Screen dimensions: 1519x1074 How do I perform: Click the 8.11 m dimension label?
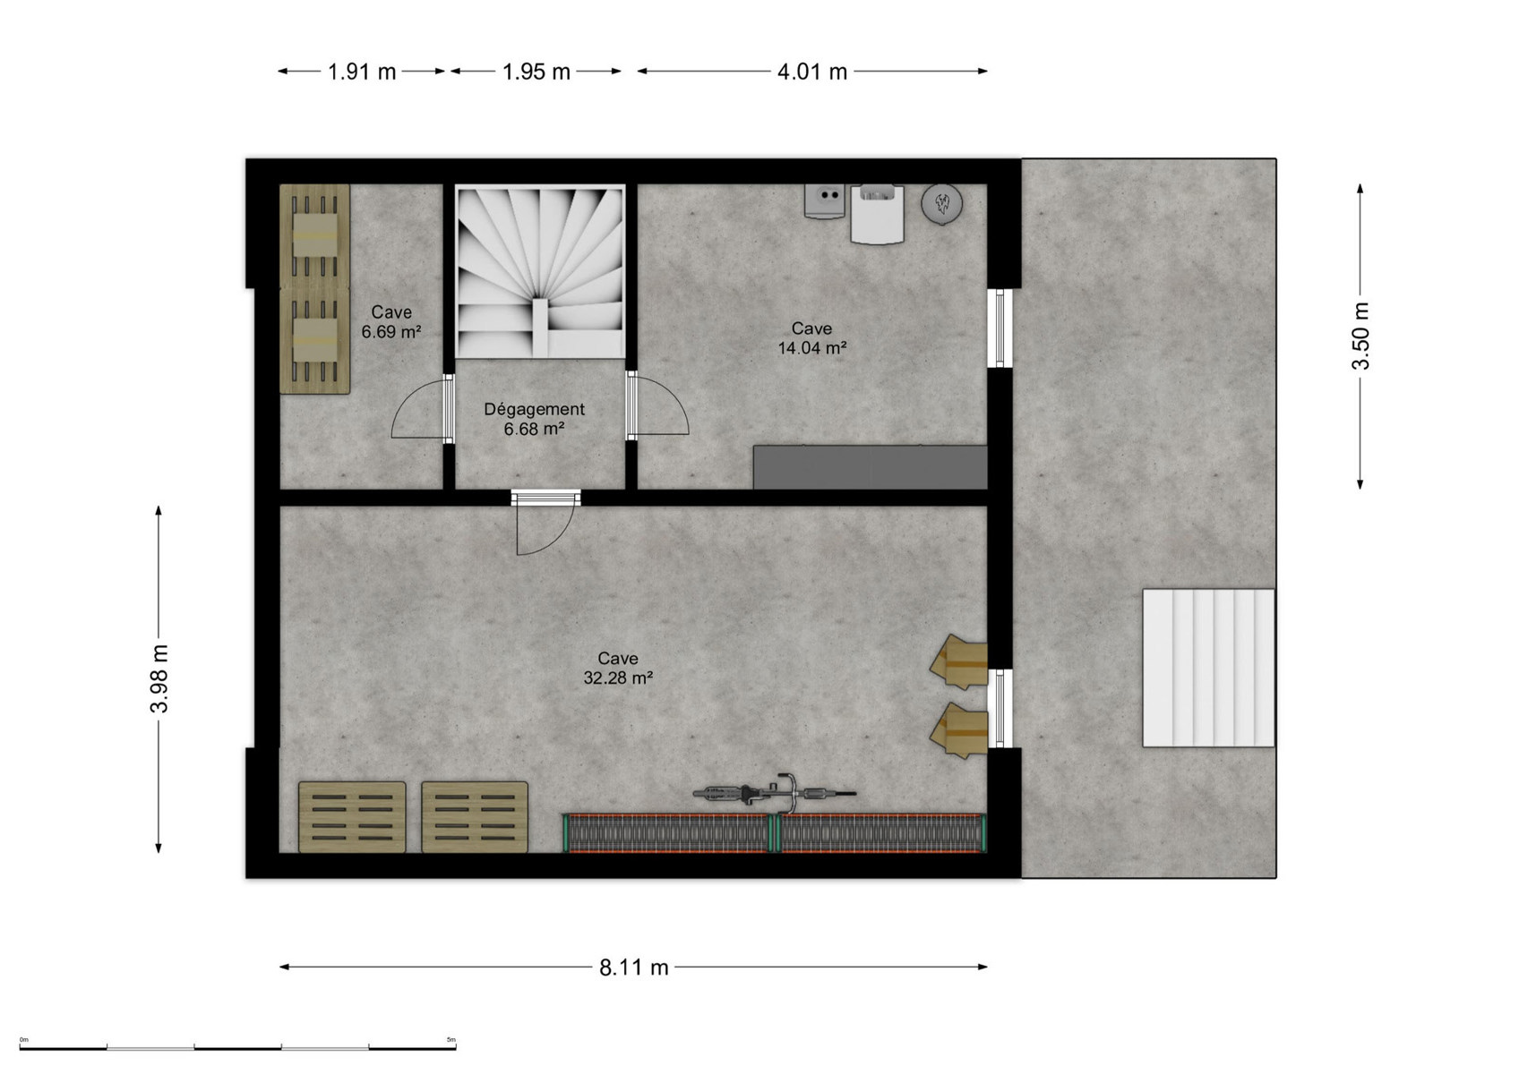(x=633, y=967)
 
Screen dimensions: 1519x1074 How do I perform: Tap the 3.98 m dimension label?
(x=159, y=679)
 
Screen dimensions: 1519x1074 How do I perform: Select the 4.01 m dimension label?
(x=811, y=71)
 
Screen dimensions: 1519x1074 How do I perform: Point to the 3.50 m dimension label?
(x=1360, y=337)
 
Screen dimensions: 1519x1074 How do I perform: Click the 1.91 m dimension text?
(x=362, y=71)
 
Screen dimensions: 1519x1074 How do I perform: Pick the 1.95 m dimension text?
(x=536, y=71)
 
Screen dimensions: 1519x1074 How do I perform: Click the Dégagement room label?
(x=535, y=409)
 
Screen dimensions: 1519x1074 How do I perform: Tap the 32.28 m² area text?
(x=618, y=678)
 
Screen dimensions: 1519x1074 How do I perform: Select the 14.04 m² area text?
(x=811, y=347)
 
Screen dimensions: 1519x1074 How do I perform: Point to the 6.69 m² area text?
(x=391, y=331)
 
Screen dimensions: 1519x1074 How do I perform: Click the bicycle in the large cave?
(x=775, y=793)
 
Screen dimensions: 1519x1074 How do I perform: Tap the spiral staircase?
(x=540, y=272)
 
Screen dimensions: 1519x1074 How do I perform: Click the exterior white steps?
(x=1208, y=668)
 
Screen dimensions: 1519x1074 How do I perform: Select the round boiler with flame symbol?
(x=942, y=202)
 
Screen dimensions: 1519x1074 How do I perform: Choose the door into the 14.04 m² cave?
(x=657, y=405)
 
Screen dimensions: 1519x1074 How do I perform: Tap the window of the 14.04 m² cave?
(x=1000, y=328)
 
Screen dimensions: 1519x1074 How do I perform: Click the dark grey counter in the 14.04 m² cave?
(x=870, y=467)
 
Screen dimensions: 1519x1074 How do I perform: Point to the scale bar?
(x=237, y=1047)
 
